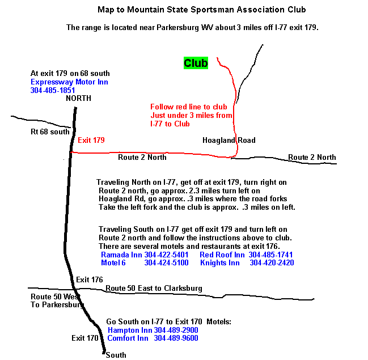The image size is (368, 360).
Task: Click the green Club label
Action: point(196,63)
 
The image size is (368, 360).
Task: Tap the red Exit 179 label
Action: point(91,140)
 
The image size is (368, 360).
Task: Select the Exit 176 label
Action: point(90,279)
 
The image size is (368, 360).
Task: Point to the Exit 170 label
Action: point(85,338)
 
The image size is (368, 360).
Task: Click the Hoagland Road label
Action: point(229,140)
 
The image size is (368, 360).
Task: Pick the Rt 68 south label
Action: point(50,132)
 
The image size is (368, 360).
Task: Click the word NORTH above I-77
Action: point(78,98)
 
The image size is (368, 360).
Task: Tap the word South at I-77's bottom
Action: point(116,355)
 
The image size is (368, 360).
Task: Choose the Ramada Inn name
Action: point(121,255)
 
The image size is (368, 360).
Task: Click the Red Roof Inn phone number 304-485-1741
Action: point(271,255)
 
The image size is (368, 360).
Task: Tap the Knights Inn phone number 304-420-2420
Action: point(272,263)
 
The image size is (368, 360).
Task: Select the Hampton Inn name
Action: point(129,330)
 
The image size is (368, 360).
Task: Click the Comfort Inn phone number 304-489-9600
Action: point(176,338)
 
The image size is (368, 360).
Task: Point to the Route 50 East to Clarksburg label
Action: point(154,289)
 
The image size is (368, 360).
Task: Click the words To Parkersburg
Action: point(57,304)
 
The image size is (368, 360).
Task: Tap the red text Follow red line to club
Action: point(188,107)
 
